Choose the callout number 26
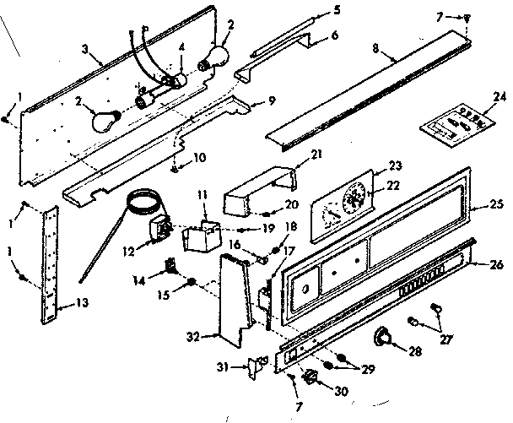tap(498, 264)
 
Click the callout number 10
tap(199, 156)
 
